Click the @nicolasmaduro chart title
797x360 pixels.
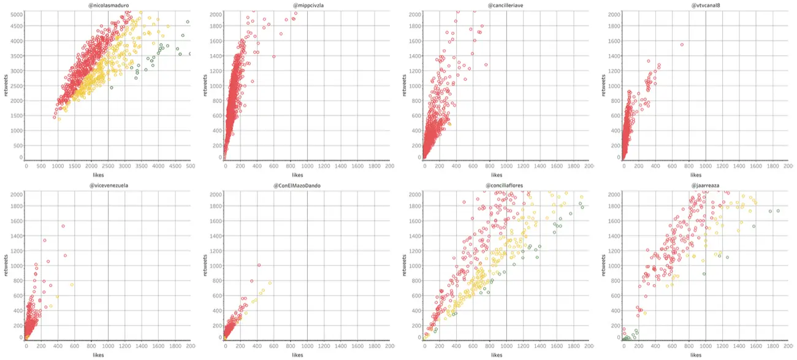point(109,6)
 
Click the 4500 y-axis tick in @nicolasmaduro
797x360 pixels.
point(17,26)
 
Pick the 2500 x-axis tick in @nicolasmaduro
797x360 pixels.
point(109,166)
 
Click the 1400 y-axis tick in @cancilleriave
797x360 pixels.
point(414,56)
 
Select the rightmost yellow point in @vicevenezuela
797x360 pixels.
point(72,285)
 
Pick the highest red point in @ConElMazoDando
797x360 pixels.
point(259,266)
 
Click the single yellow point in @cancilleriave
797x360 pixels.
point(449,124)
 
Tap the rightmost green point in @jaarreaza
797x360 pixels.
point(778,211)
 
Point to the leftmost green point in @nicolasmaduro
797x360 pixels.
point(112,88)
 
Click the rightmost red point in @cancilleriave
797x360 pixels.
point(486,64)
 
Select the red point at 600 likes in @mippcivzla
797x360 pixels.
point(273,56)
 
